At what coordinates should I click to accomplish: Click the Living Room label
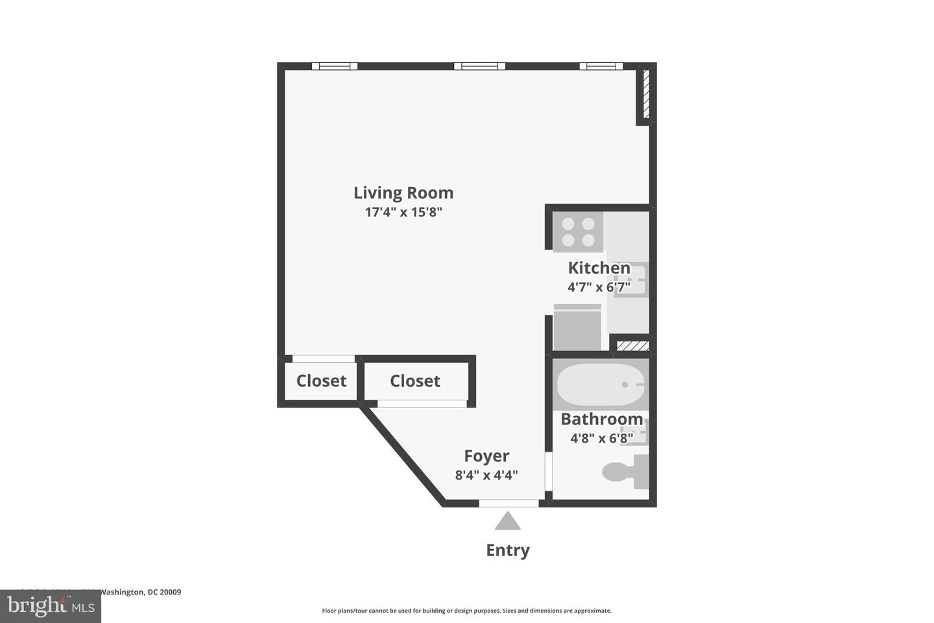(x=403, y=193)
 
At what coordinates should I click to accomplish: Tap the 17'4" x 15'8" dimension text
(x=403, y=212)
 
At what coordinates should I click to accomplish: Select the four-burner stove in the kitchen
(x=578, y=232)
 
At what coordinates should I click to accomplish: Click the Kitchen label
(x=599, y=267)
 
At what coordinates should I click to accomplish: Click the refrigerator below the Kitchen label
(x=577, y=328)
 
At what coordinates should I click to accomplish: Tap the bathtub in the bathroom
(x=600, y=385)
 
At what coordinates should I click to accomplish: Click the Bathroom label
(x=601, y=419)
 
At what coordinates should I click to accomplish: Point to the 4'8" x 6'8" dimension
(x=601, y=439)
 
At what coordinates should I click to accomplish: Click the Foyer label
(x=486, y=456)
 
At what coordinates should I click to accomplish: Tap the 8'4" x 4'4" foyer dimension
(x=486, y=475)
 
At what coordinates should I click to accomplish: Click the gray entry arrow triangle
(x=508, y=521)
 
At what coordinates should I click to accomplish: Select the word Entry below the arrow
(x=508, y=550)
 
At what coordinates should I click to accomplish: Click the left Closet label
(x=321, y=381)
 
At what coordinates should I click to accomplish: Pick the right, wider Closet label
(x=415, y=381)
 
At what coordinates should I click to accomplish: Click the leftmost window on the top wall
(x=334, y=66)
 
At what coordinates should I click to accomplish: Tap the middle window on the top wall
(x=479, y=66)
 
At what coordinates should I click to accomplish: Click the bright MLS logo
(x=50, y=607)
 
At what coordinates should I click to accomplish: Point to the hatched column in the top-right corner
(x=645, y=95)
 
